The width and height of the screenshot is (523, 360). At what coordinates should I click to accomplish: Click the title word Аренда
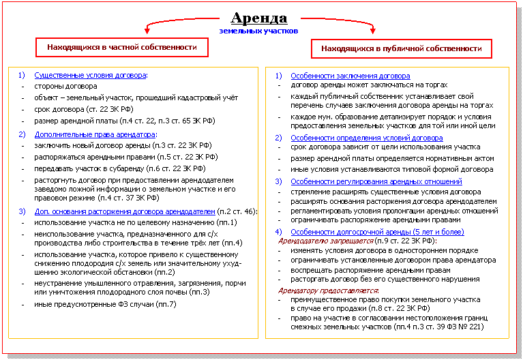point(259,18)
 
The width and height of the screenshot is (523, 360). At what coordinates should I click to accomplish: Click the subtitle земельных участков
point(258,31)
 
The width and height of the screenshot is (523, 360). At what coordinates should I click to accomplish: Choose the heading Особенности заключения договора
point(350,76)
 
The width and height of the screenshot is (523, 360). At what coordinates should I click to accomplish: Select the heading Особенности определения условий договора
point(366,138)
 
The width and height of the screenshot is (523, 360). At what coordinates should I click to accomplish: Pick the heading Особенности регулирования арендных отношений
point(376,182)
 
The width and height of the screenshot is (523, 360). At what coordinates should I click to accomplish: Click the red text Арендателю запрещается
point(323,241)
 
